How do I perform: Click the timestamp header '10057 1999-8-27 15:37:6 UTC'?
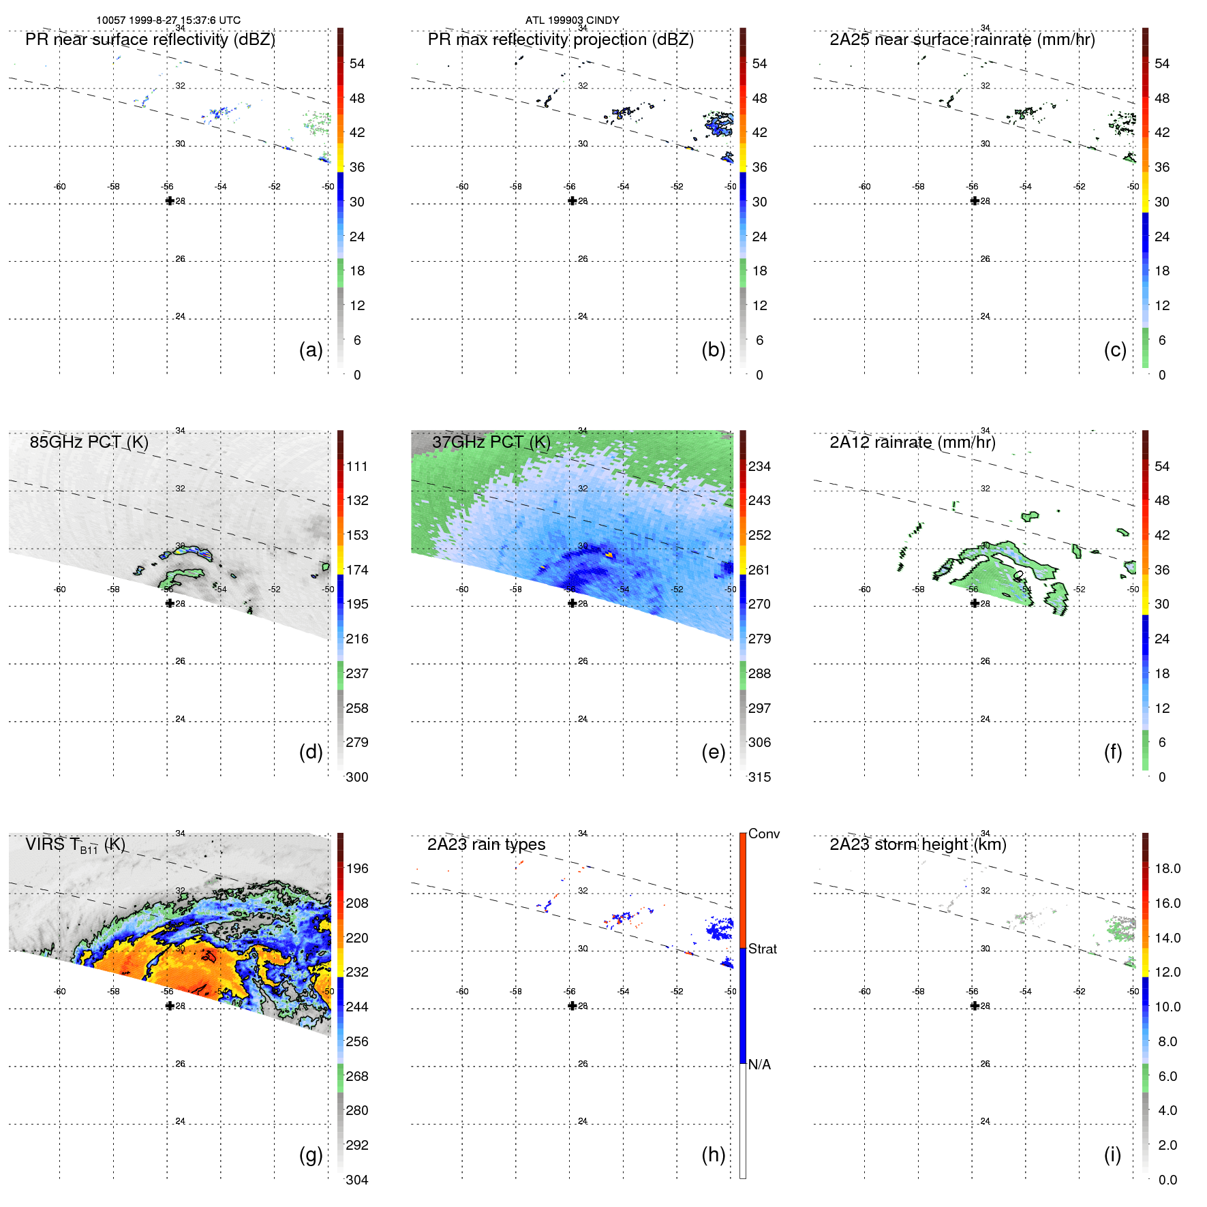coord(168,20)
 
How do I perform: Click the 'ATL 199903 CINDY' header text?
coord(572,20)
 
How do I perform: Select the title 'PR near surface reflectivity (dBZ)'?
coord(150,40)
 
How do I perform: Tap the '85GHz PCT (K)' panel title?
coord(89,442)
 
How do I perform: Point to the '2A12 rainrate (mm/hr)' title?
coord(912,442)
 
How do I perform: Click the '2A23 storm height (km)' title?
coord(917,844)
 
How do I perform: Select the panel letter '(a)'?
coord(311,350)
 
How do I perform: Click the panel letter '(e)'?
coord(713,752)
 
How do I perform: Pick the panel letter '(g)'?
coord(311,1155)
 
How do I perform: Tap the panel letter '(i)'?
coord(1112,1155)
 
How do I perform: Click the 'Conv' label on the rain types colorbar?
coord(763,834)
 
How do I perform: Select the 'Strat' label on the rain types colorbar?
coord(763,949)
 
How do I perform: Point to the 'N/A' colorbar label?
coord(759,1065)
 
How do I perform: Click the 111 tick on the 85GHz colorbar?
coord(357,466)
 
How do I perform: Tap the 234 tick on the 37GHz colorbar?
coord(759,466)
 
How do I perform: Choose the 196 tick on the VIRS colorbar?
coord(357,868)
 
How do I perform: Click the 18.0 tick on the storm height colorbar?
coord(1167,868)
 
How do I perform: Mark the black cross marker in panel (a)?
coord(170,201)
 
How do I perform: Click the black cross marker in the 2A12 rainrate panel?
coord(975,603)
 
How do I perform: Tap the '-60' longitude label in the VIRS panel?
coord(60,992)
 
